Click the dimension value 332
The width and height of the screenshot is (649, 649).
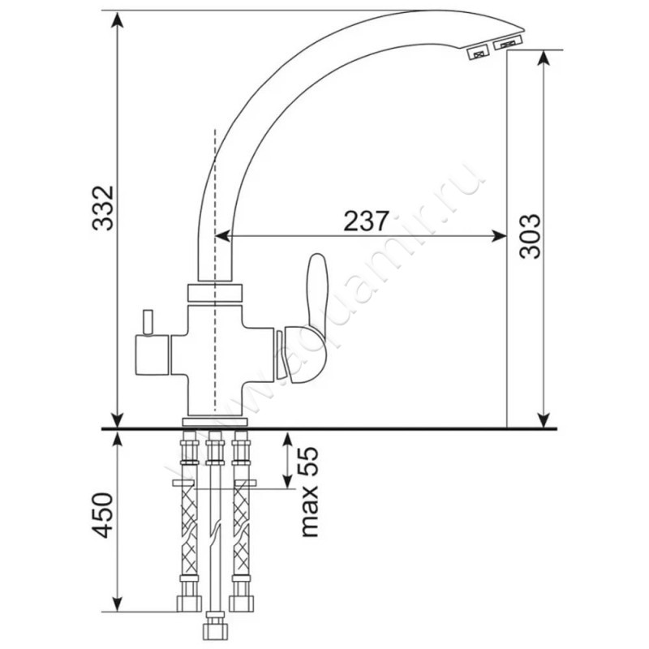(x=102, y=208)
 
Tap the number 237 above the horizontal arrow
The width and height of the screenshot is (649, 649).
(x=367, y=221)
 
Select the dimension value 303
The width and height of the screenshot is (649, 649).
(x=531, y=236)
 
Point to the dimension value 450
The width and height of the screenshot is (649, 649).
(x=102, y=515)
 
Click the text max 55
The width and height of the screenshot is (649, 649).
(x=310, y=492)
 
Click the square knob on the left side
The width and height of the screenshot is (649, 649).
(x=152, y=355)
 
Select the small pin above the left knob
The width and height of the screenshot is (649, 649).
(x=148, y=321)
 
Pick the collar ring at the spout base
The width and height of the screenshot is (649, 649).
(x=215, y=293)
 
